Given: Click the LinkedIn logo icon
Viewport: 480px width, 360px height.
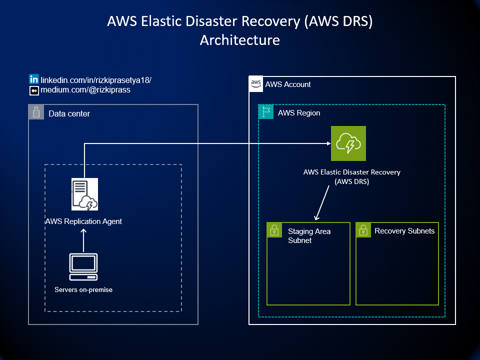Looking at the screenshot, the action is [34, 79].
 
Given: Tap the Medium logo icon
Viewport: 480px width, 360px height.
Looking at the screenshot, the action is [34, 90].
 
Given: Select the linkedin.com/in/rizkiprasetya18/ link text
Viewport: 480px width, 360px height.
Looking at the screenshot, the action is [96, 80].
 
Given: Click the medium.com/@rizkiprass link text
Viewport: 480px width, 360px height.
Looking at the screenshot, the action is [85, 89].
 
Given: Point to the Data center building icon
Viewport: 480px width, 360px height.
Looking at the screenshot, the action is [36, 112].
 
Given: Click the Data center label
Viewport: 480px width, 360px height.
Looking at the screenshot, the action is [69, 113].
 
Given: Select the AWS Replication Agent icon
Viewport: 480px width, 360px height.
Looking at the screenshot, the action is [85, 194].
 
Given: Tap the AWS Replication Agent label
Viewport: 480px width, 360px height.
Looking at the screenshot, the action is [83, 221].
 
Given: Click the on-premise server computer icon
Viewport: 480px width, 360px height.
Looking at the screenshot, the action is [83, 267].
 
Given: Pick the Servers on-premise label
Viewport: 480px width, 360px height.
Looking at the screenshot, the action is [83, 289].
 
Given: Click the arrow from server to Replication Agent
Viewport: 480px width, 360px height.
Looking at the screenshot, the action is [83, 240].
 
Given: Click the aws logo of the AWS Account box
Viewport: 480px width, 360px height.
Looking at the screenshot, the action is [256, 84].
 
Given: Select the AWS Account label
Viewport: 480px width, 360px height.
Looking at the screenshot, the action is [288, 84].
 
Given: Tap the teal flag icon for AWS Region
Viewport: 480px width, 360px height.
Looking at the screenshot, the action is [265, 111].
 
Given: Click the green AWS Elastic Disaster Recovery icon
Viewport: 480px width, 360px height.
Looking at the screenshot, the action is [348, 143].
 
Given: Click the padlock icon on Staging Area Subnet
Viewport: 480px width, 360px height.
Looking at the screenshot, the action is [274, 230].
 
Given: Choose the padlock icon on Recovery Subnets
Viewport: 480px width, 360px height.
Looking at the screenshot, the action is [363, 230].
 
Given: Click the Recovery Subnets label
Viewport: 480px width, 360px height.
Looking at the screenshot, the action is [404, 231].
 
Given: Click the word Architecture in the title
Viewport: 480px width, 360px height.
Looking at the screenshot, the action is [240, 40].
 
